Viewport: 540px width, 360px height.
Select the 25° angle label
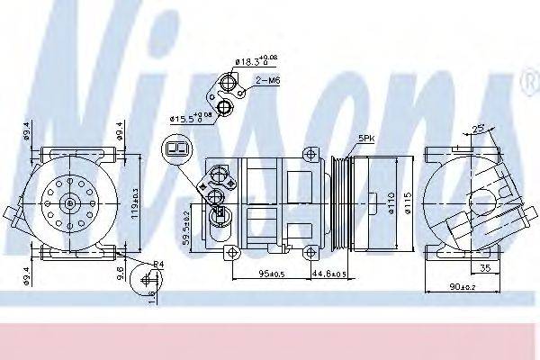tap(480, 128)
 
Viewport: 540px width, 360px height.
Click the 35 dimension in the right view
tap(485, 267)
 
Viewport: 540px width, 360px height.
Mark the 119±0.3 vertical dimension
tap(134, 205)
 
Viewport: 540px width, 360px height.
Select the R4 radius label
tap(157, 263)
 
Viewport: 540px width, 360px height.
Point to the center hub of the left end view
tap(69, 203)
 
